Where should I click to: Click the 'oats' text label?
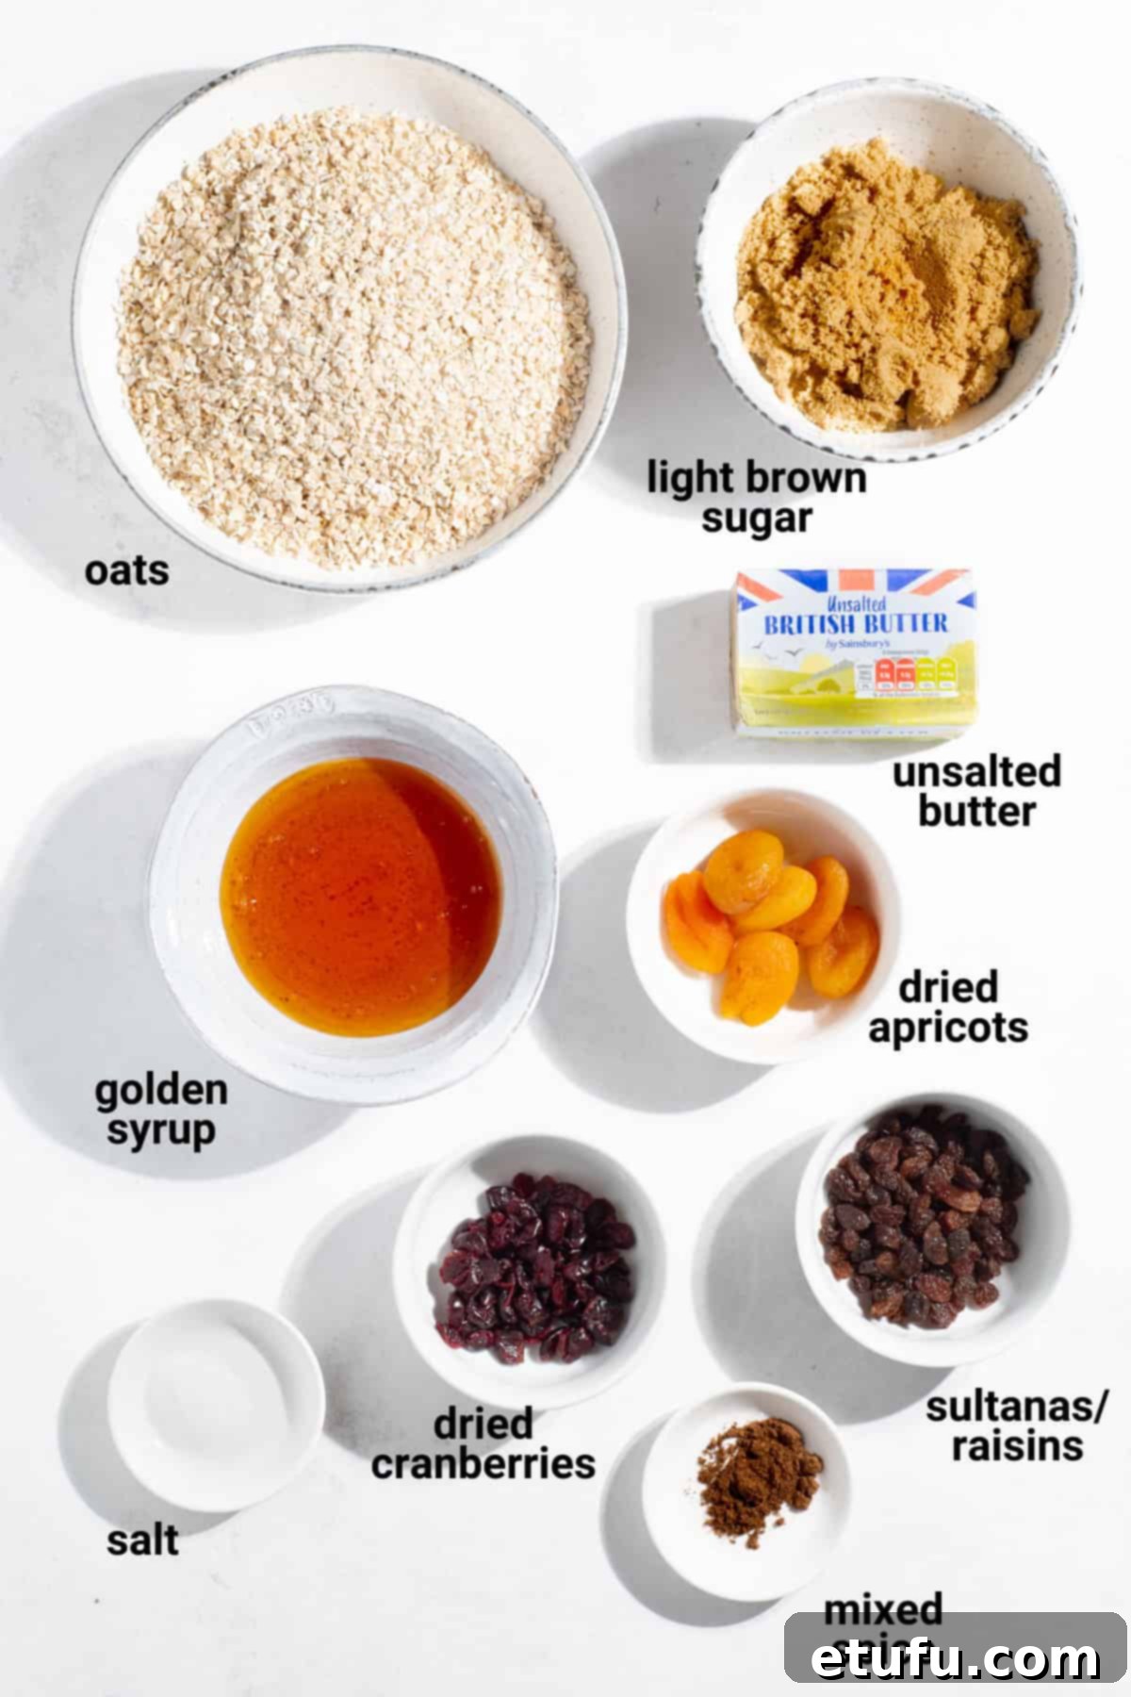[126, 571]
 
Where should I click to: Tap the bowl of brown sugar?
[887, 283]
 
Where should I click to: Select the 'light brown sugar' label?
[756, 498]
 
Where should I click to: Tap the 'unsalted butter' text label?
[976, 791]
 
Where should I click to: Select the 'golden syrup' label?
[161, 1110]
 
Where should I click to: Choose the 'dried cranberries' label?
[484, 1443]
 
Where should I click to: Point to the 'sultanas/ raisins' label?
[1016, 1425]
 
